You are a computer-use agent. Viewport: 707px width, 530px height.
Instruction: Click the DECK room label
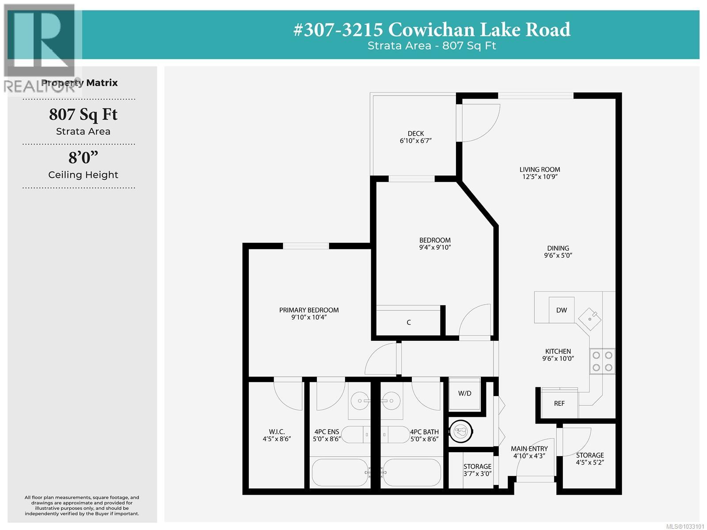click(x=415, y=137)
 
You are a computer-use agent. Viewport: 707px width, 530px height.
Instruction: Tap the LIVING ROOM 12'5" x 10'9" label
click(x=540, y=173)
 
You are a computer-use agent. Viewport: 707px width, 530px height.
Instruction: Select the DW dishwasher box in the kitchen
click(x=561, y=310)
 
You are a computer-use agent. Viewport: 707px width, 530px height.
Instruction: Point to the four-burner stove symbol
click(x=602, y=361)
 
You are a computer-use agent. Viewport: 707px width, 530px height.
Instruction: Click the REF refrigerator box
click(x=559, y=403)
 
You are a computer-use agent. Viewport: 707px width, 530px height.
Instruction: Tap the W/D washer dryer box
click(x=464, y=393)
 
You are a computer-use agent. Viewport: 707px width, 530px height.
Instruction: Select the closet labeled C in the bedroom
click(x=408, y=322)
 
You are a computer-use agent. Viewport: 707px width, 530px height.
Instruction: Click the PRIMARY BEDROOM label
click(x=309, y=313)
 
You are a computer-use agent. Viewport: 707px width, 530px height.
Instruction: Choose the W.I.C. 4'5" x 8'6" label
click(x=277, y=435)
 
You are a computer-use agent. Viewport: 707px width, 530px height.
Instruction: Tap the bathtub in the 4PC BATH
click(x=412, y=473)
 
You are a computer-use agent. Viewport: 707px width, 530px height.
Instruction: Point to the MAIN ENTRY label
click(x=529, y=452)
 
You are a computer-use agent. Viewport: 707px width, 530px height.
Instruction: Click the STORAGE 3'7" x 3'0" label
click(x=477, y=469)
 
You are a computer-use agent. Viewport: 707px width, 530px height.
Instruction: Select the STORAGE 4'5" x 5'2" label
click(x=589, y=458)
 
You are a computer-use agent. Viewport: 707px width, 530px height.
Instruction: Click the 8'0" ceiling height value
click(x=83, y=158)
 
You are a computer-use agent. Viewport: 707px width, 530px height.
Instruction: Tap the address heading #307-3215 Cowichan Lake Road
click(x=432, y=30)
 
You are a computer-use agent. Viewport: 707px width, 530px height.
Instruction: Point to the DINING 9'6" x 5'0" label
click(x=558, y=252)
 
